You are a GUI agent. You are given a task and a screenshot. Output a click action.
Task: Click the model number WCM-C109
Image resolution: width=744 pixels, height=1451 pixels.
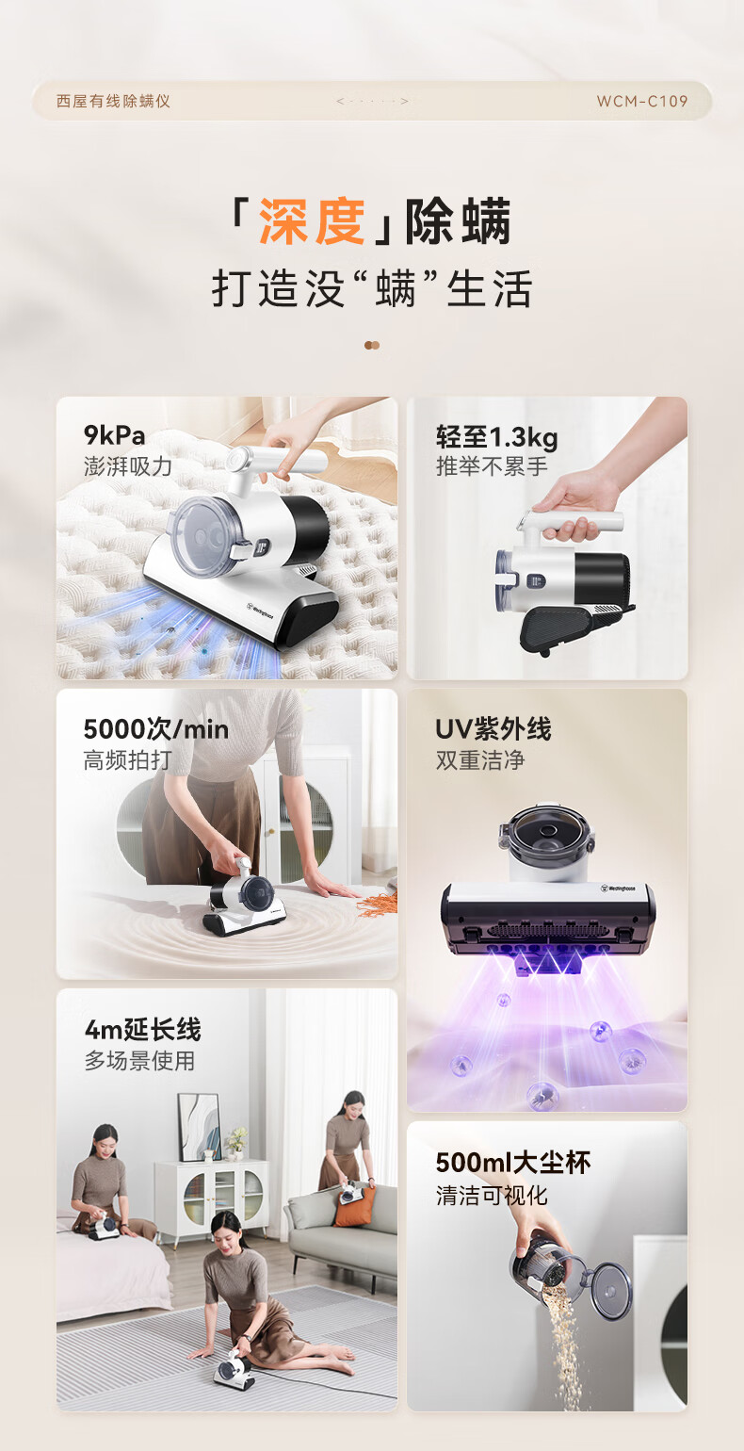(641, 101)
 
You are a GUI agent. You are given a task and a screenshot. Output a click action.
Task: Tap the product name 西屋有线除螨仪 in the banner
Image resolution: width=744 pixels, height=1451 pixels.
(113, 101)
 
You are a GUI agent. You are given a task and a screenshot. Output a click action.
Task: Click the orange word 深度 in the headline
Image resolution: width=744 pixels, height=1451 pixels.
(312, 221)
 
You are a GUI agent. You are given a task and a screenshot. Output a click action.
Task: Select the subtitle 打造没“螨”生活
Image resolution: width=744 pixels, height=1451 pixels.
(372, 288)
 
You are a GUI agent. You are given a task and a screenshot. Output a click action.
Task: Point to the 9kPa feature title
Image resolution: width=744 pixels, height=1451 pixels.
(115, 435)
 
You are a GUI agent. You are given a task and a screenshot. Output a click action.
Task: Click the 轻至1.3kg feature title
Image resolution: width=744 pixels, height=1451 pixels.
(496, 437)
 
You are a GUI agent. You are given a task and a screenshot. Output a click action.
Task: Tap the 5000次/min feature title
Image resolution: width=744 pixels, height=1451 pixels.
(156, 729)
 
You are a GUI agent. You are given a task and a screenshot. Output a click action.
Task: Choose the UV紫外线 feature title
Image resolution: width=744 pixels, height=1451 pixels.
(493, 728)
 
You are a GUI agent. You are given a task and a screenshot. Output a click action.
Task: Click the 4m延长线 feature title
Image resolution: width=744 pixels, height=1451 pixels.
(143, 1029)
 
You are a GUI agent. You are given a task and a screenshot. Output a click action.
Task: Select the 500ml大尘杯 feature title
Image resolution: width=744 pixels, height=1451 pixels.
(513, 1163)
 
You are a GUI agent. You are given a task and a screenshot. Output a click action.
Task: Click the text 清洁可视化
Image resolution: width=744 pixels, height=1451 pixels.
(492, 1195)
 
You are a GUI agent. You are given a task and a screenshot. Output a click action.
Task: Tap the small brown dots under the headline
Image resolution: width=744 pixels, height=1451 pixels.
(372, 345)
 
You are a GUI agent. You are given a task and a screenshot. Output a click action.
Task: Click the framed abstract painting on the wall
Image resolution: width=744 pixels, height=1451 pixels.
(200, 1128)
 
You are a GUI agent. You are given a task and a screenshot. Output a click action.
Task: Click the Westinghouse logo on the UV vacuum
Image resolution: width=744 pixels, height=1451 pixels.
(618, 889)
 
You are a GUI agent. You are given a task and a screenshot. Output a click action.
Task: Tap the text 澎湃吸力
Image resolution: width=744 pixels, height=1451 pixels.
(128, 466)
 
